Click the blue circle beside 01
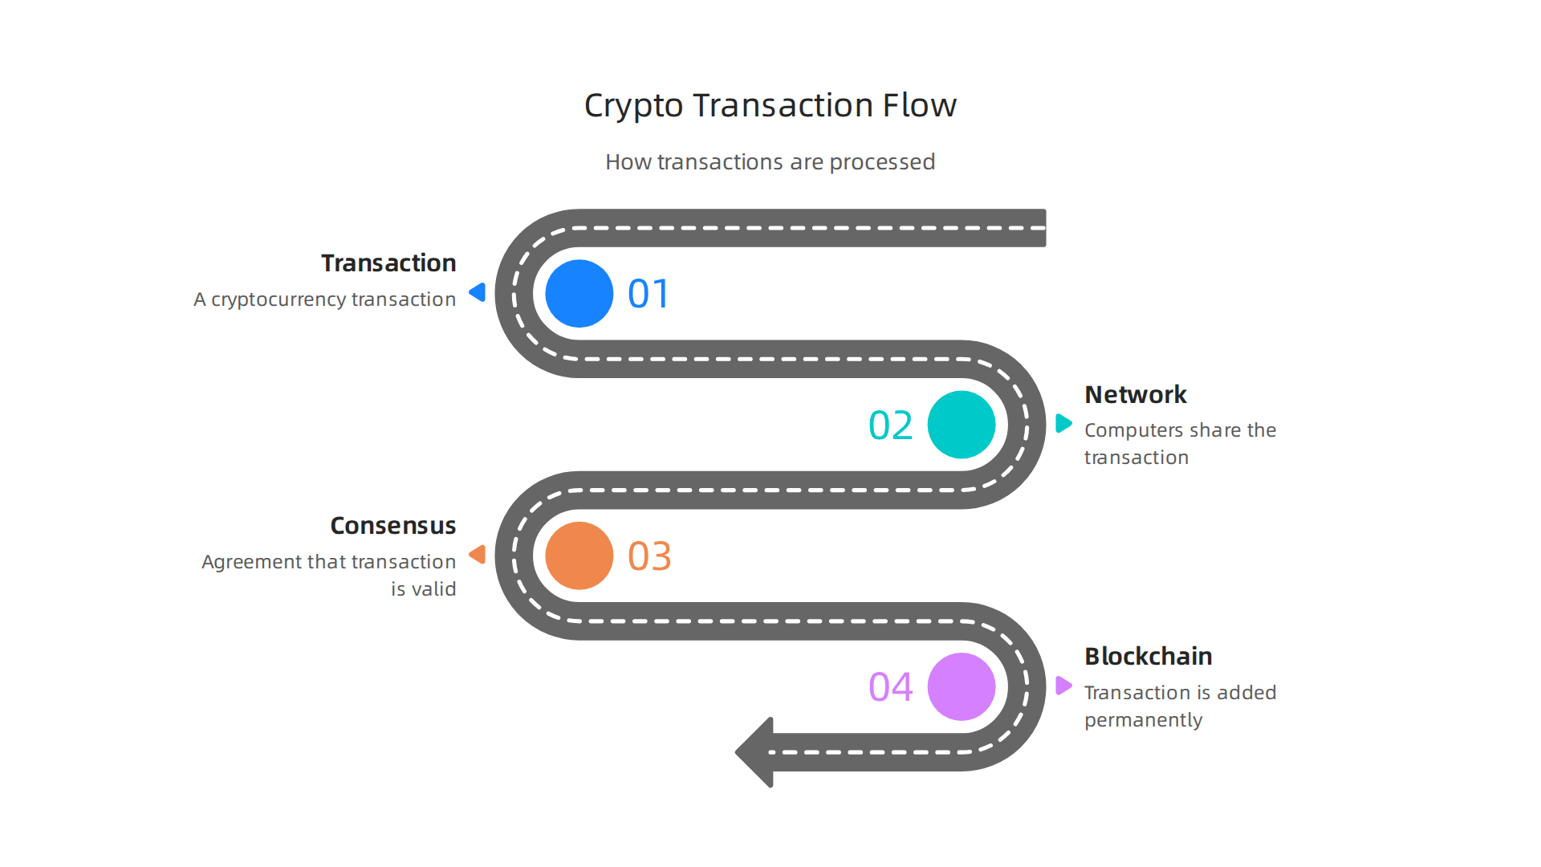tap(579, 294)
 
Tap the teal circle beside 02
tap(961, 425)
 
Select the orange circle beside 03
tap(579, 556)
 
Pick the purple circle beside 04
tap(961, 686)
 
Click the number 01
tap(648, 294)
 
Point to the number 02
tap(890, 425)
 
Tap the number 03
tap(649, 556)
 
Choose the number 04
tap(890, 687)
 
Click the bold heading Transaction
tap(388, 263)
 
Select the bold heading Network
tap(1135, 395)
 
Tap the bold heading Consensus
tap(392, 526)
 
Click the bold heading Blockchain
tap(1148, 657)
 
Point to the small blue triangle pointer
tap(478, 292)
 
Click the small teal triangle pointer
tap(1063, 423)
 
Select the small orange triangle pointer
tap(478, 554)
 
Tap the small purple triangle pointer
tap(1063, 686)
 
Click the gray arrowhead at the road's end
tap(755, 752)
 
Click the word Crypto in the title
tap(632, 106)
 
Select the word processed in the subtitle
tap(881, 162)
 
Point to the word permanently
tap(1143, 720)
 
